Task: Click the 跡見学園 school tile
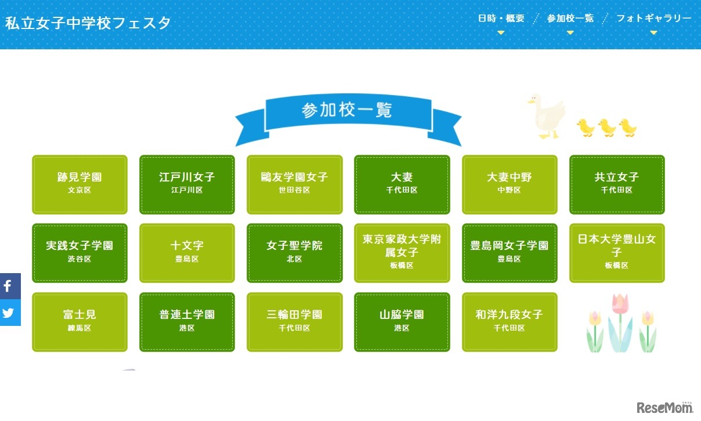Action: pyautogui.click(x=80, y=184)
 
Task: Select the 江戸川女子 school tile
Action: pyautogui.click(x=187, y=184)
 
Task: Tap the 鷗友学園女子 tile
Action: pyautogui.click(x=295, y=184)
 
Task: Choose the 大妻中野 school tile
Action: pyautogui.click(x=510, y=184)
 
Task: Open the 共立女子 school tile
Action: pyautogui.click(x=617, y=184)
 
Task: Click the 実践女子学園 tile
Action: pyautogui.click(x=80, y=253)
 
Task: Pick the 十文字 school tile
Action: pyautogui.click(x=187, y=253)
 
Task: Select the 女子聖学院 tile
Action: pyautogui.click(x=295, y=253)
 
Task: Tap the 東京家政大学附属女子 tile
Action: pyautogui.click(x=402, y=253)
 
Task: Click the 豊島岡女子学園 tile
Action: pyautogui.click(x=510, y=253)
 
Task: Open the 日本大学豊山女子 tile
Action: pyautogui.click(x=617, y=253)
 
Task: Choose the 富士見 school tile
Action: pyautogui.click(x=80, y=322)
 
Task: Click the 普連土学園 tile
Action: pyautogui.click(x=187, y=322)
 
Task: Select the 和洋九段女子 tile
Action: pyautogui.click(x=510, y=322)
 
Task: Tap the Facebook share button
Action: pyautogui.click(x=9, y=286)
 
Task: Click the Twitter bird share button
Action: pyautogui.click(x=9, y=313)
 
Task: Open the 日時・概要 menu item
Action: pyautogui.click(x=501, y=19)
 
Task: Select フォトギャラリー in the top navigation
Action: pyautogui.click(x=653, y=19)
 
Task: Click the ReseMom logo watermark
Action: pyautogui.click(x=664, y=408)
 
